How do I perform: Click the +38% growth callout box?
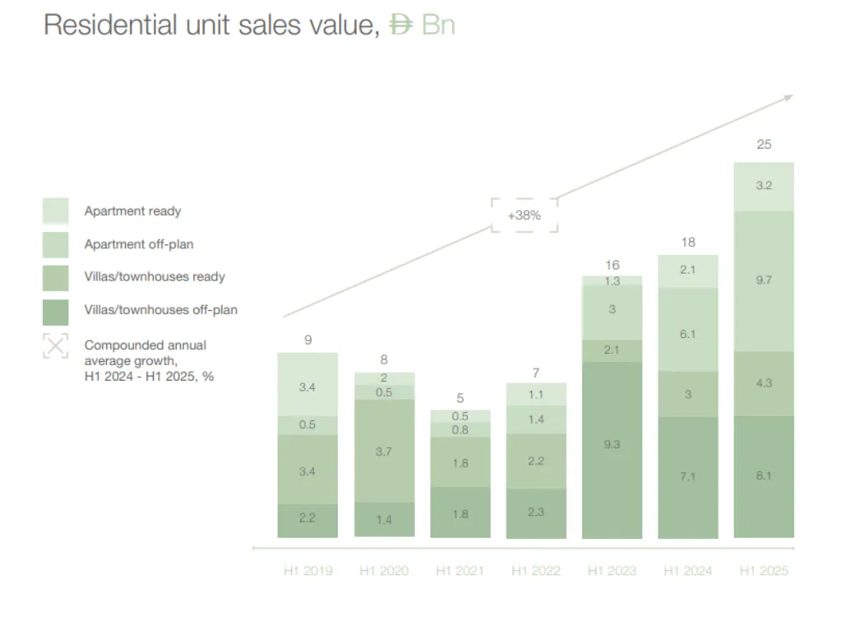(524, 215)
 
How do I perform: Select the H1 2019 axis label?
(308, 571)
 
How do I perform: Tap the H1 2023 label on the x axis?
(612, 571)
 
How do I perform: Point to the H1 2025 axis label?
(763, 571)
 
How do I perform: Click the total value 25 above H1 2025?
(764, 145)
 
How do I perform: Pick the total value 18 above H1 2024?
(688, 242)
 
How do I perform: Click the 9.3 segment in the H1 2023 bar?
(612, 444)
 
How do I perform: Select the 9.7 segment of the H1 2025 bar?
(764, 280)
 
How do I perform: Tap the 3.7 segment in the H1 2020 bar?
(384, 451)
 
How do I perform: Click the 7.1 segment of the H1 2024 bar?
(688, 475)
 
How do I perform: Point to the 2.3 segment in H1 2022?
(536, 512)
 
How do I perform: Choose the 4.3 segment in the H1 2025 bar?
(764, 383)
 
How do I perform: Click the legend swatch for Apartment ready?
(55, 211)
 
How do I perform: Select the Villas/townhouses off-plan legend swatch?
(55, 310)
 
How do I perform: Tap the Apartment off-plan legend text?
(138, 244)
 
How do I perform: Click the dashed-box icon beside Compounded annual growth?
(55, 345)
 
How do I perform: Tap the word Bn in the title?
(437, 25)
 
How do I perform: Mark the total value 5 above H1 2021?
(460, 399)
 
